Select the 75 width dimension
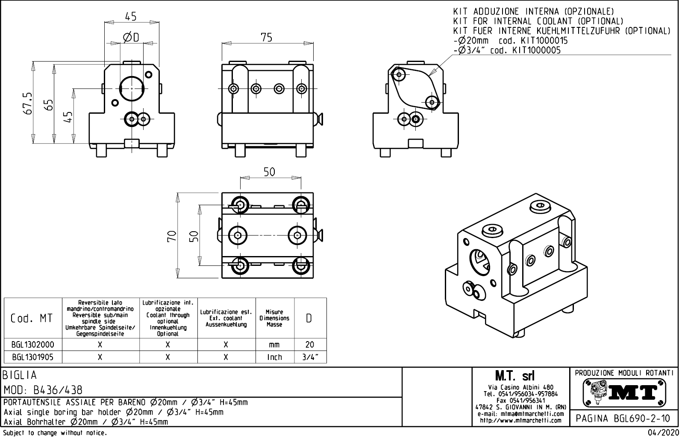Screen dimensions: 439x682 point(267,38)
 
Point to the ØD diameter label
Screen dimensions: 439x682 point(131,38)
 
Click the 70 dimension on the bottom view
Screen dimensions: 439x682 point(172,236)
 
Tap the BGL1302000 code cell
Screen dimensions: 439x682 point(33,345)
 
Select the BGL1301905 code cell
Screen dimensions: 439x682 point(33,357)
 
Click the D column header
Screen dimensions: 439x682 point(310,318)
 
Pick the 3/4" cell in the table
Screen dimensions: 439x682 point(310,357)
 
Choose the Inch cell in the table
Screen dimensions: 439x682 point(274,357)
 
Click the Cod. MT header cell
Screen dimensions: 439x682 point(33,318)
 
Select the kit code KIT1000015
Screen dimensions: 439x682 point(544,41)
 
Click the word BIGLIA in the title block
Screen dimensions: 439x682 point(20,375)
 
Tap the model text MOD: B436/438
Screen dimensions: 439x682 point(43,390)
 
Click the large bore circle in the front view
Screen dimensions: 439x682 point(132,88)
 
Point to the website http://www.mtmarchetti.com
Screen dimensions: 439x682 point(520,421)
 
